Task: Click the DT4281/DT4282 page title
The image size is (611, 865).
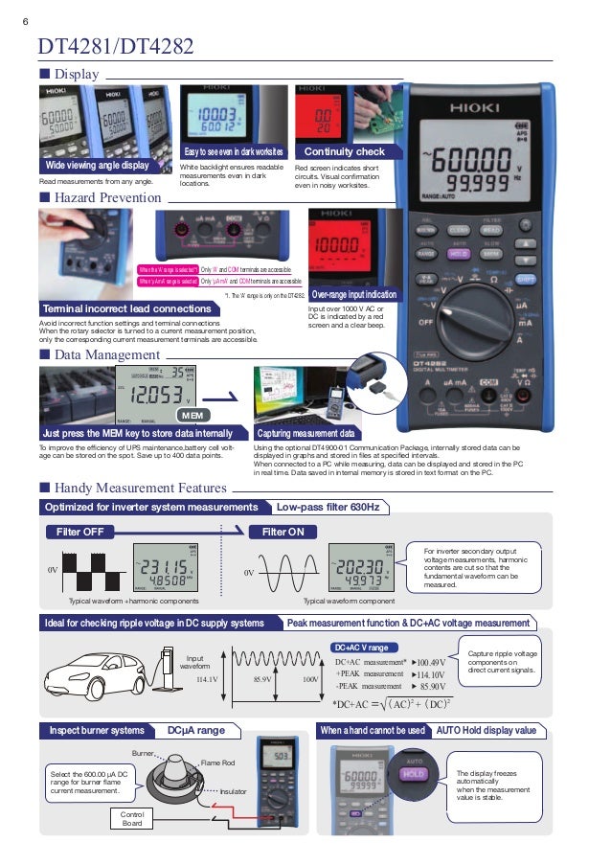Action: (115, 46)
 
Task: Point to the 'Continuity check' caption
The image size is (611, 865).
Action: (344, 151)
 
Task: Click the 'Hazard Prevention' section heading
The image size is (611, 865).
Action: (100, 197)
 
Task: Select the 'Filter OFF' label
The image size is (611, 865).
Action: (80, 532)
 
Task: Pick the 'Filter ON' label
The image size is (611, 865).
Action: (283, 532)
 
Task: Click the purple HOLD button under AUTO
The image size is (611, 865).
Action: (413, 773)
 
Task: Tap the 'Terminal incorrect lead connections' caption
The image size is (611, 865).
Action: (126, 308)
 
